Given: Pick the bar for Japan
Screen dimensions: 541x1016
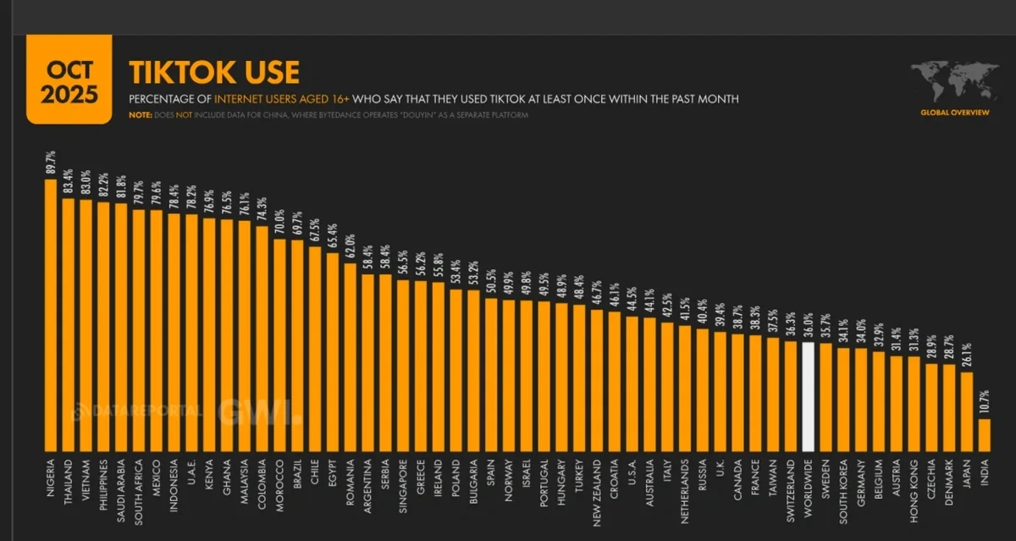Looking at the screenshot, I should coord(967,411).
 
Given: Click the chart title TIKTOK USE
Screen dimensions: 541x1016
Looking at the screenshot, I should coord(213,73).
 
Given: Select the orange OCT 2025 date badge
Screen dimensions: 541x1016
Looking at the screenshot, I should coord(72,80).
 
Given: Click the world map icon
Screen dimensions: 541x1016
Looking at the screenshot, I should coord(953,82).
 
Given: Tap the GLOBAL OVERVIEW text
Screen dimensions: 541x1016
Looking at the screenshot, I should coord(954,112).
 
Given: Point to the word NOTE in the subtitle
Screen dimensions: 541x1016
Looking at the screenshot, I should coord(141,115).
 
